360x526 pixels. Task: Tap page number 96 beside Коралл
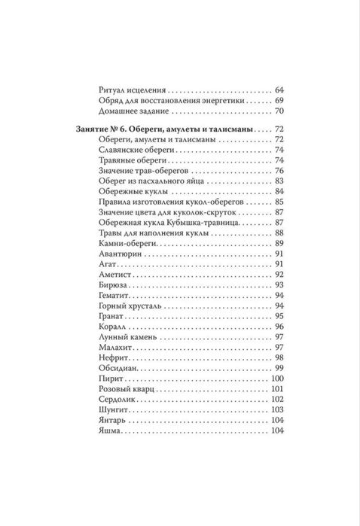(x=278, y=326)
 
